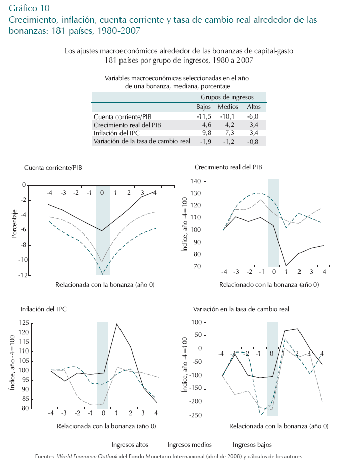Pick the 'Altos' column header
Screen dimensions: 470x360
(x=254, y=107)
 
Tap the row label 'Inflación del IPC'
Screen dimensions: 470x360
(x=116, y=133)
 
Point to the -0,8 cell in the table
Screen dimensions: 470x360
(x=253, y=141)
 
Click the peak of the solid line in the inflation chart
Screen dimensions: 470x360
(x=117, y=324)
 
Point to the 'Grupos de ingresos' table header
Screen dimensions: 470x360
(x=227, y=97)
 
